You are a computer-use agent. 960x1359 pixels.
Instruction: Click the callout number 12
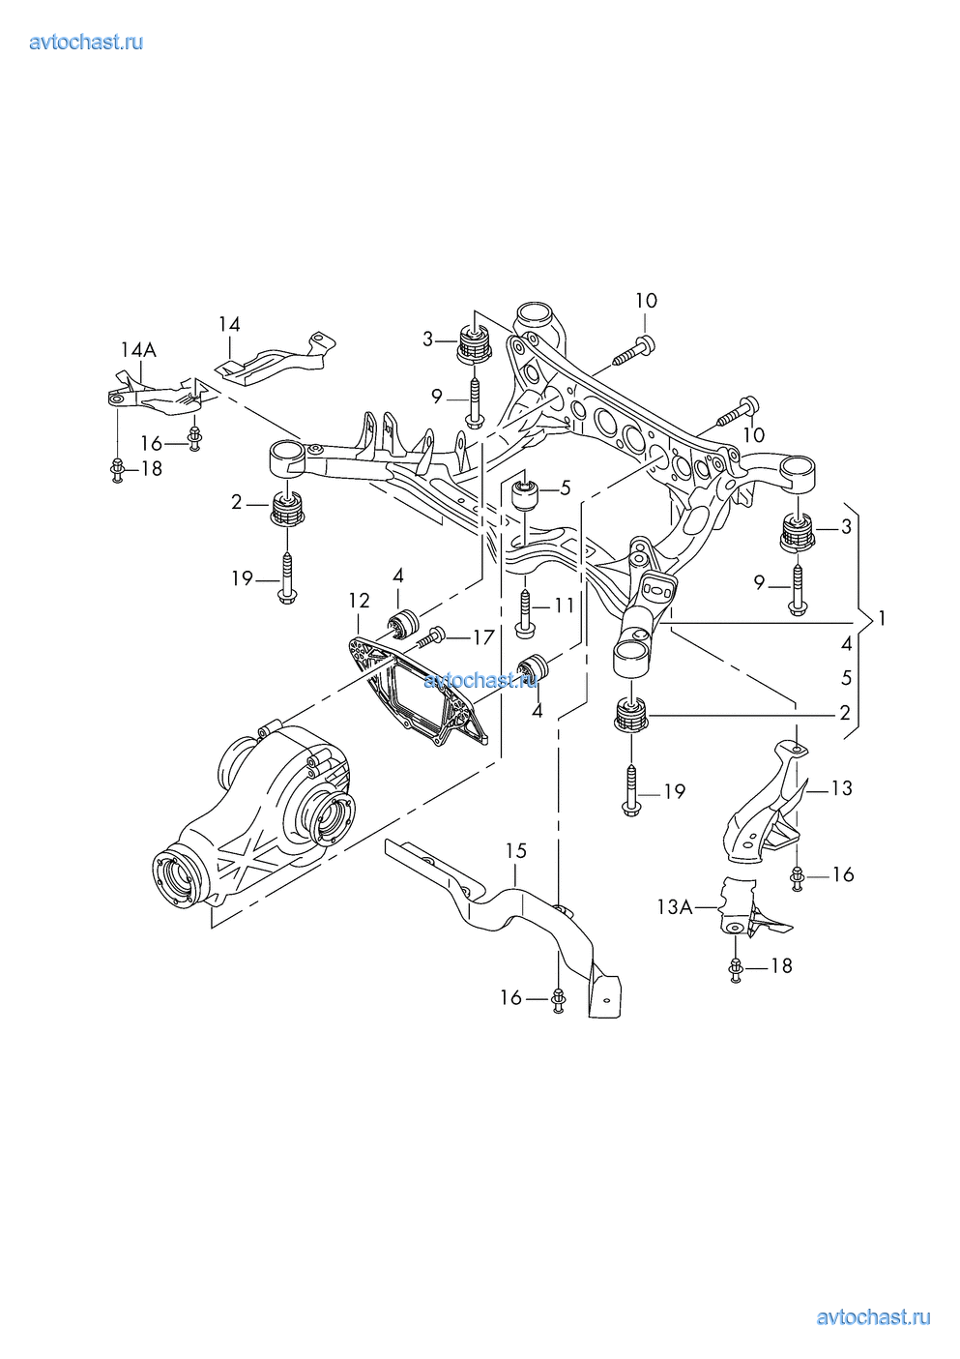[x=359, y=601]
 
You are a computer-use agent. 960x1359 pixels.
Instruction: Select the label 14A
[x=138, y=349]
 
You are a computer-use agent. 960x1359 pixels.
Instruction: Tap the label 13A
[x=675, y=907]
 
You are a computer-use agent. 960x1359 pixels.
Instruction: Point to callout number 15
[x=516, y=850]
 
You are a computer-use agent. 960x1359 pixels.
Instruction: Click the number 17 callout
[x=483, y=636]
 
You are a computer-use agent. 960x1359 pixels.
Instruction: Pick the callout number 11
[x=565, y=606]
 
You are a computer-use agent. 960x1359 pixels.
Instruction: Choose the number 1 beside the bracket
[x=881, y=618]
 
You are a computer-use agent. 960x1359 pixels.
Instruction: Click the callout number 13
[x=842, y=788]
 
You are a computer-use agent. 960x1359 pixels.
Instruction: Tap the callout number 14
[x=229, y=324]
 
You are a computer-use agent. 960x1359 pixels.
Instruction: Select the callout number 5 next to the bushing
[x=566, y=487]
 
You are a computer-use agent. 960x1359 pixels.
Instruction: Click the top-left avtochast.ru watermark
[x=86, y=42]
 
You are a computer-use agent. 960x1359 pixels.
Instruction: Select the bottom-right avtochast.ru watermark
[x=873, y=1316]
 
